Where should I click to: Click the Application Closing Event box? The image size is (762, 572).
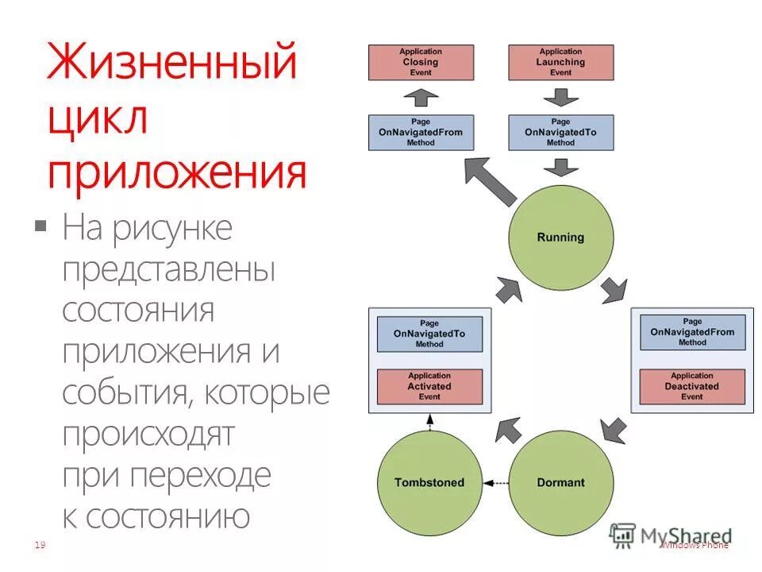pos(421,62)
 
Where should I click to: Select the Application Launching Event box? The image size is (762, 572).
pos(560,62)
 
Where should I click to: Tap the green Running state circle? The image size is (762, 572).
pos(560,237)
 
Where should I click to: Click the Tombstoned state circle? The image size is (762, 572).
pos(429,482)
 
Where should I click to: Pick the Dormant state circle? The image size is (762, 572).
pos(560,482)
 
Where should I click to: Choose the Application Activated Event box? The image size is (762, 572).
pos(429,386)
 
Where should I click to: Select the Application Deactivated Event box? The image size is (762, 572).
pos(692,386)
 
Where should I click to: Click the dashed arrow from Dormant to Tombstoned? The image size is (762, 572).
pos(495,482)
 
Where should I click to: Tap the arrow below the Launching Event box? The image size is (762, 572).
pos(560,97)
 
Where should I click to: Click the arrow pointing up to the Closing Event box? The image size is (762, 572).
pos(421,97)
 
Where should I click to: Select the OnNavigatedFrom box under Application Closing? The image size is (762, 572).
pos(421,132)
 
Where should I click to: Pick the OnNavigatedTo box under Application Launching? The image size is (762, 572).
pos(560,132)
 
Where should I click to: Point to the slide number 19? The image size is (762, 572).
pos(39,544)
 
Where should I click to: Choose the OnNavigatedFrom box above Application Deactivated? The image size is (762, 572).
pos(692,333)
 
